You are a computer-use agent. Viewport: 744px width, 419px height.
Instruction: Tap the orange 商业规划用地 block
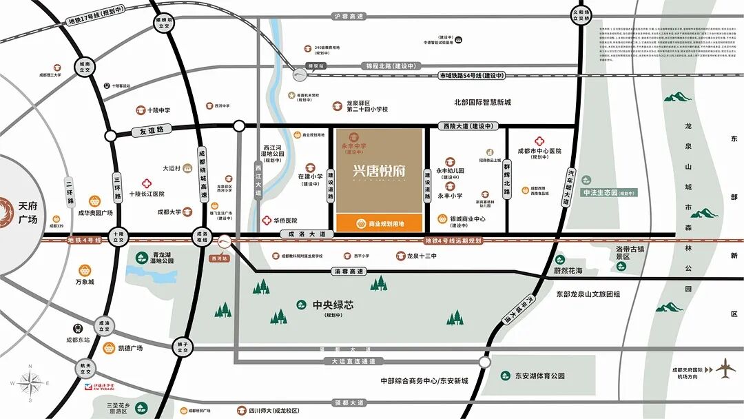[380, 223]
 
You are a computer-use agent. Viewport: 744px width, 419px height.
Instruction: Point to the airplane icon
[725, 369]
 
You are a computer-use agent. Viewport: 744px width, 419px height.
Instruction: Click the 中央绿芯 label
[328, 304]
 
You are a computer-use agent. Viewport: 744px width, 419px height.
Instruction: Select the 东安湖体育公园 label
[539, 376]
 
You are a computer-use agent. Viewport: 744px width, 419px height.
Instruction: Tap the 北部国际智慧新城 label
[482, 103]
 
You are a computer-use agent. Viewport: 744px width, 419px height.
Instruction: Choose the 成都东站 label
[78, 339]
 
